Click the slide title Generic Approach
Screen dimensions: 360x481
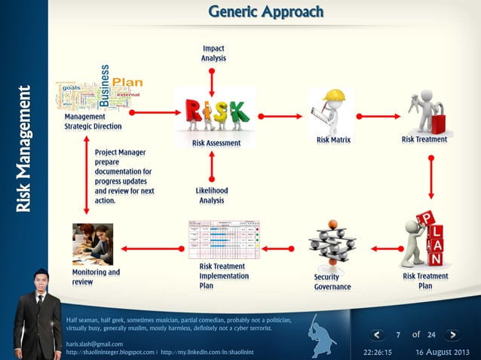265,13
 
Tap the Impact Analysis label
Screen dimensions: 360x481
213,53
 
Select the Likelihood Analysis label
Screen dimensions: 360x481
212,196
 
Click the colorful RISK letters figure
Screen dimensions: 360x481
215,115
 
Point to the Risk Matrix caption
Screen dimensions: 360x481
333,140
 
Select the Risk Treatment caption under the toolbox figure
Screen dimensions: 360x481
424,139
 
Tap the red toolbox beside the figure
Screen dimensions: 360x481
438,121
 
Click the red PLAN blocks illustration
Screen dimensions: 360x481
427,239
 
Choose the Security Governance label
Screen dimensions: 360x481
332,282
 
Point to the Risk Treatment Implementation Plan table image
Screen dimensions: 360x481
223,239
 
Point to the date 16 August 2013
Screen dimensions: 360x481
442,352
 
